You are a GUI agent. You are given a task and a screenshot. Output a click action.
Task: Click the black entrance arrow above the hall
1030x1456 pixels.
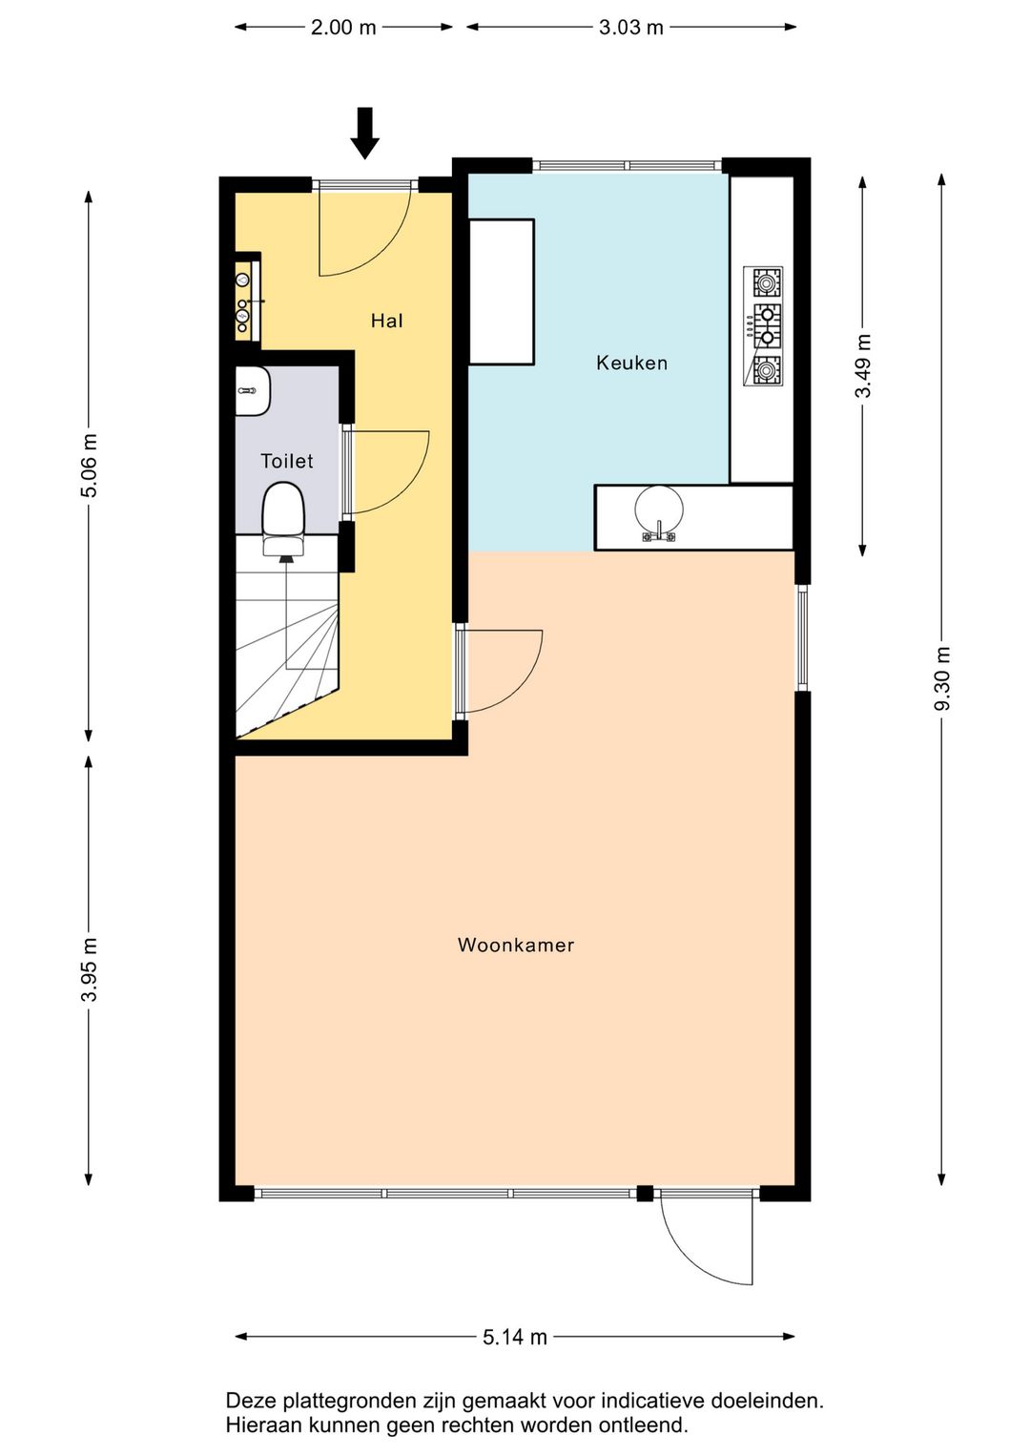coord(365,134)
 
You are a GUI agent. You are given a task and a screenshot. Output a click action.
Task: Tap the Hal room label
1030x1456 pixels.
coord(387,321)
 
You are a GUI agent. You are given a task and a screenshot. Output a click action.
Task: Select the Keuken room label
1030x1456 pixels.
coord(631,363)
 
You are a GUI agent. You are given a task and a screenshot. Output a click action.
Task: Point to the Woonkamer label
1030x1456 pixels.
coord(516,945)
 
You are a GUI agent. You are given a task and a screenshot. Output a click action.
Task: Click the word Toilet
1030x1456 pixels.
coord(286,461)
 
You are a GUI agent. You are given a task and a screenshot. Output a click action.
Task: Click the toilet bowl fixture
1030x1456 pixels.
coord(283,518)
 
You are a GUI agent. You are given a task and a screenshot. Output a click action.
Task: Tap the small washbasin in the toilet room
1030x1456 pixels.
coord(253,390)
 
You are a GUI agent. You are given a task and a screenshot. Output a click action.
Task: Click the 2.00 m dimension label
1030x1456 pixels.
coord(343,28)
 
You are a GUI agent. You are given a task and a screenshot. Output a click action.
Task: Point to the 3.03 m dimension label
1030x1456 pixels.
coord(630,28)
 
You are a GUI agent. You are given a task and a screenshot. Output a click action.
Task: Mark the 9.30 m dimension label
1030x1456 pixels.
coord(942,678)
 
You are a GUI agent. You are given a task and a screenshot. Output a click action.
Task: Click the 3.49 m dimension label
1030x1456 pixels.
coord(863,365)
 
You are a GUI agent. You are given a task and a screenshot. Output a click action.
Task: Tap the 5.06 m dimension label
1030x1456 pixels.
coord(89,466)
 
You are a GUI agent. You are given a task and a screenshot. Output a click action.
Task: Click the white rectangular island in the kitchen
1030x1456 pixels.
coord(502,292)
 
